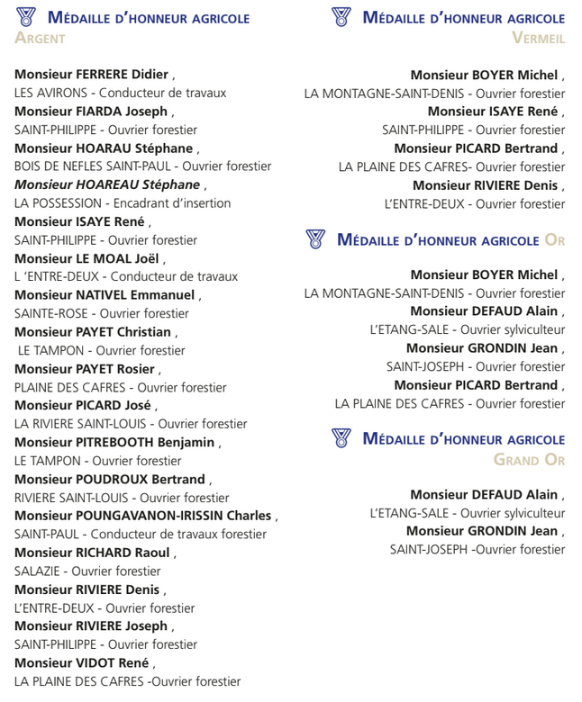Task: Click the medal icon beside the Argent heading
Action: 26,17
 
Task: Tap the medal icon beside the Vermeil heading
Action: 341,17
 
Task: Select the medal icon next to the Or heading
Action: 315,239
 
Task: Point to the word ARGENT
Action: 41,38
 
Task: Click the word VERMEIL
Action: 538,38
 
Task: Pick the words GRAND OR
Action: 529,460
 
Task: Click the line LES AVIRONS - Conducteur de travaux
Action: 121,93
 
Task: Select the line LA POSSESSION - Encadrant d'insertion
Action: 123,203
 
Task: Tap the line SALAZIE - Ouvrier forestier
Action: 87,571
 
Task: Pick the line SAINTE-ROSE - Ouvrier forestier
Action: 102,313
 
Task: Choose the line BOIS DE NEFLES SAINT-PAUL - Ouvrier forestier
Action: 142,166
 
